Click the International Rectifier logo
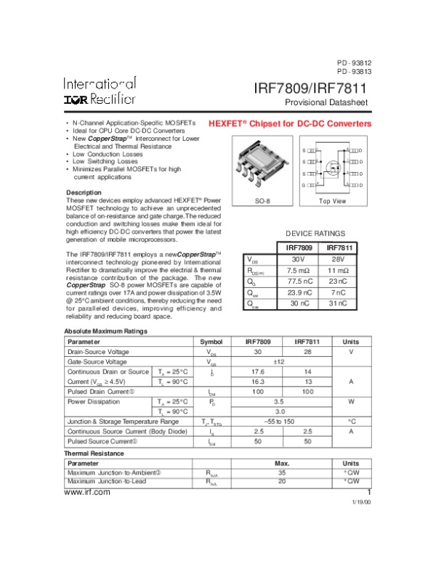coord(99,91)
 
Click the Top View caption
coord(333,201)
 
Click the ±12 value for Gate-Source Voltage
coord(278,361)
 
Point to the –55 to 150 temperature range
coord(278,421)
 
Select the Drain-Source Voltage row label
coord(98,351)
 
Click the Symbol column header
coord(211,341)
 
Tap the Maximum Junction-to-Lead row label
coord(107,481)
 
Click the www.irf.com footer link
coord(87,492)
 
